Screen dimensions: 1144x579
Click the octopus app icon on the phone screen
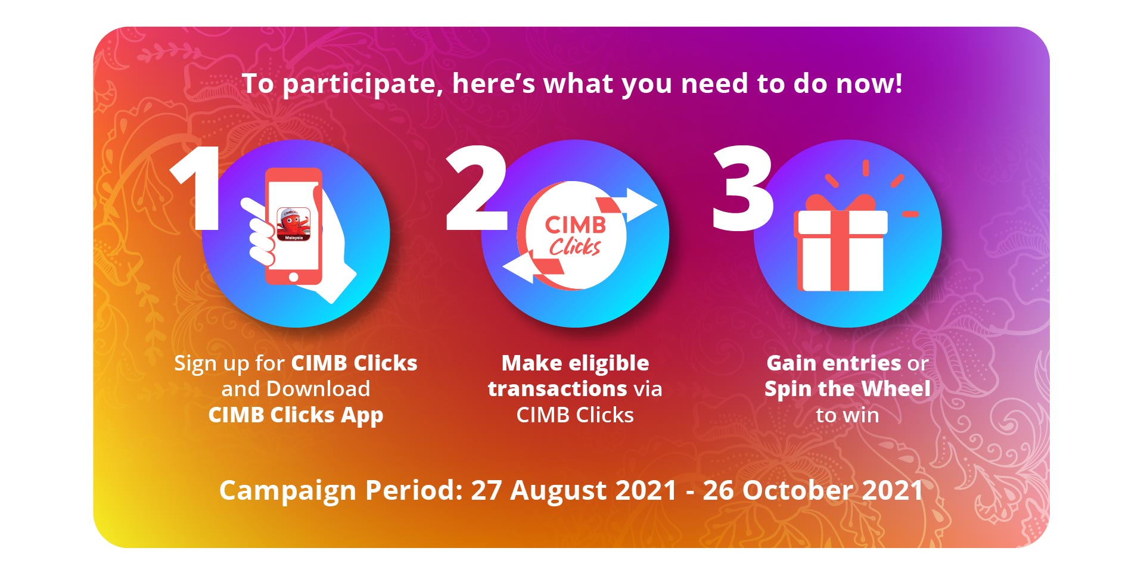click(293, 224)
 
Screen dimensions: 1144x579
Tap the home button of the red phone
click(293, 277)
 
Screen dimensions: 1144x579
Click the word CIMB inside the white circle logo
click(575, 225)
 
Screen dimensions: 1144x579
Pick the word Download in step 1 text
click(318, 389)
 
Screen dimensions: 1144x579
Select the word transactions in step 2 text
click(558, 390)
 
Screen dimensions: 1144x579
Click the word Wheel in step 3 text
click(896, 389)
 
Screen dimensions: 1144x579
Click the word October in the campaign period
click(797, 490)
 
